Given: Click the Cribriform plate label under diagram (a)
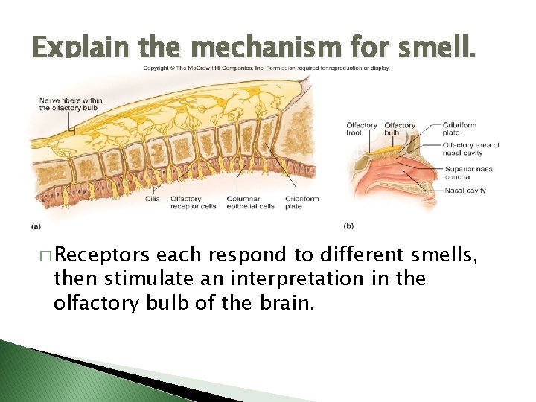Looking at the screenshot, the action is (x=300, y=202).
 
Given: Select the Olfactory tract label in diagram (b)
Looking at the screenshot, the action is (x=361, y=129).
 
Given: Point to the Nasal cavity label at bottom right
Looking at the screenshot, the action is (x=465, y=191).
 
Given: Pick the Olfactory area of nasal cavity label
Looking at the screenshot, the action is (x=470, y=149).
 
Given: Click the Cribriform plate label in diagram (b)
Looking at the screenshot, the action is (x=459, y=129).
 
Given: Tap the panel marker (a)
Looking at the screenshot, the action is (x=35, y=225).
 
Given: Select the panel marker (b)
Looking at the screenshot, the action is (x=348, y=225).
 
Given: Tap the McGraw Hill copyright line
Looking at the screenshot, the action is (x=266, y=68).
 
